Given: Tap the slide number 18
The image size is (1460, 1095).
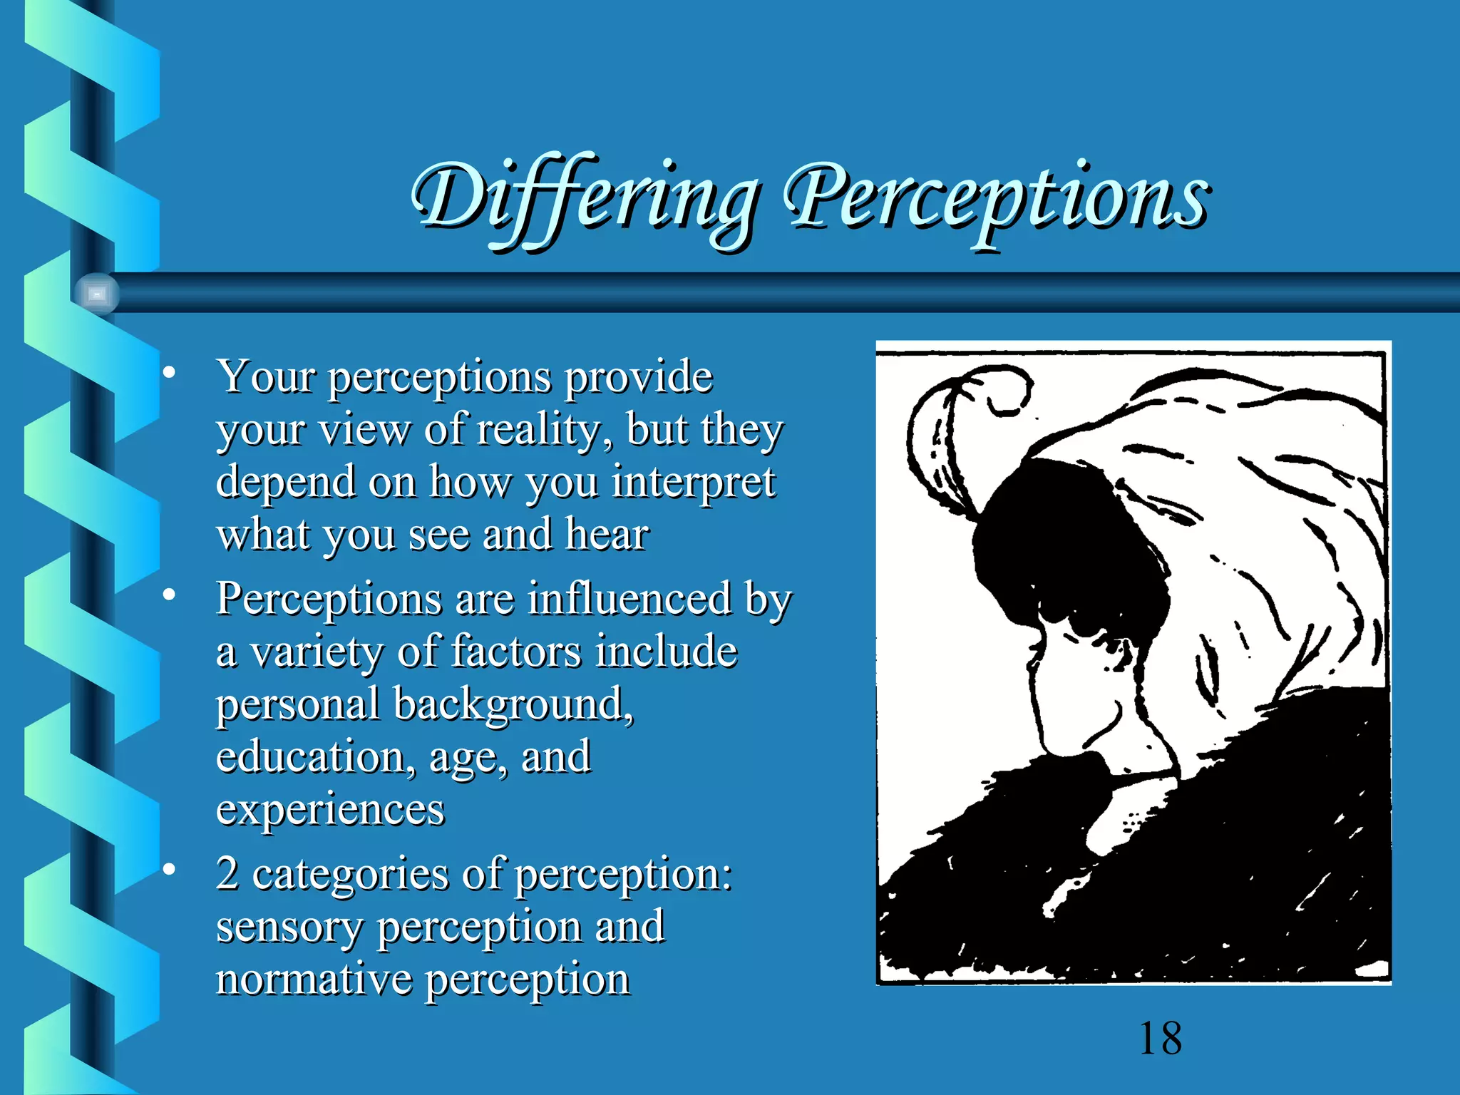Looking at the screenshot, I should [x=1161, y=1038].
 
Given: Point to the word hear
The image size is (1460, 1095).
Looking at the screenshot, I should [x=607, y=534].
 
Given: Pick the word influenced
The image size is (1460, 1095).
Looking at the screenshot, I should [x=629, y=598].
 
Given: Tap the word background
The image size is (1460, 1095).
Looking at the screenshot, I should [x=513, y=704].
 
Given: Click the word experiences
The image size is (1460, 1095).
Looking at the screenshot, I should [x=330, y=809].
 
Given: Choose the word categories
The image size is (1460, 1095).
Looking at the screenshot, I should [x=350, y=874].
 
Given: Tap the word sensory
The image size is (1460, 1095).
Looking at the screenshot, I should [x=289, y=927].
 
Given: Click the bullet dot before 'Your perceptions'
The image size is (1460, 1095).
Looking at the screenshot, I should [x=169, y=372].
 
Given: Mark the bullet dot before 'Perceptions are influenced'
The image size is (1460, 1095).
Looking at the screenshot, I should [x=169, y=594].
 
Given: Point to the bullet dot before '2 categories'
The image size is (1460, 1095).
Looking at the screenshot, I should [x=169, y=869].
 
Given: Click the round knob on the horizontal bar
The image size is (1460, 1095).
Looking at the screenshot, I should [x=97, y=293].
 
